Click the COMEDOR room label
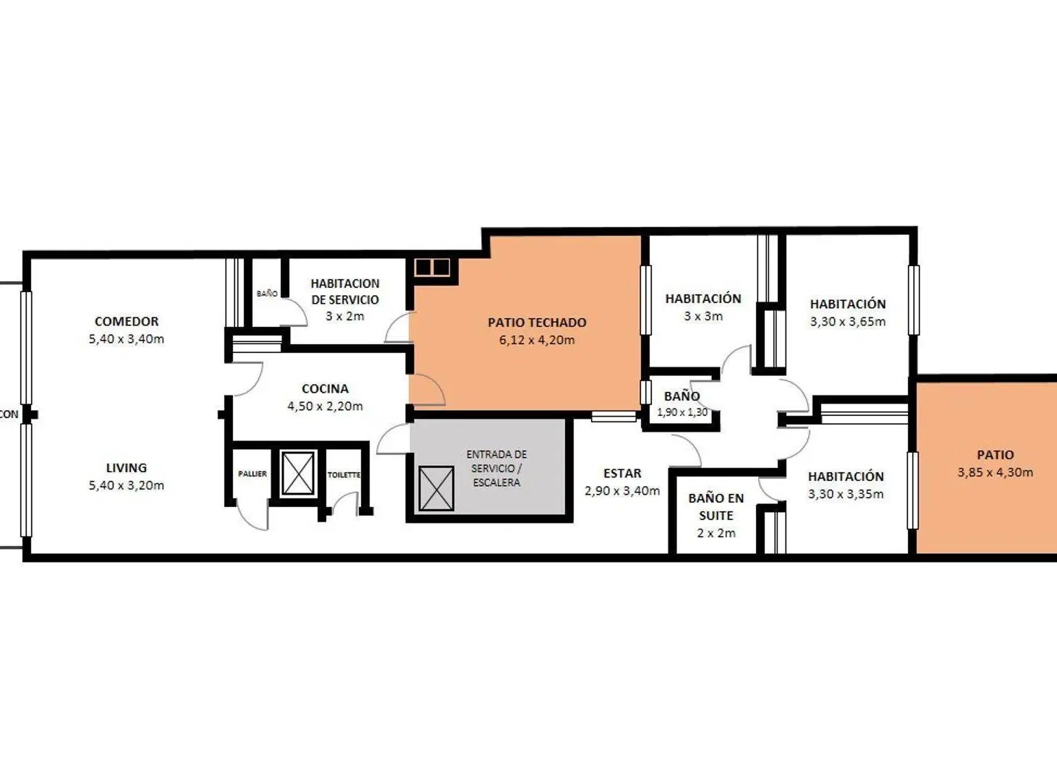[127, 321]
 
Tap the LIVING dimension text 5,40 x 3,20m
[127, 485]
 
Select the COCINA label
[325, 388]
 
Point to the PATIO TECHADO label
[537, 322]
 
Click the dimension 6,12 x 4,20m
[537, 340]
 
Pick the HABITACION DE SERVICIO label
[345, 291]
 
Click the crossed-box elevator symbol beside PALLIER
[298, 474]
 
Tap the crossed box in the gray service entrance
[436, 488]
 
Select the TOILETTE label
[344, 474]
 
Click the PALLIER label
[252, 474]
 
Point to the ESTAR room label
[622, 473]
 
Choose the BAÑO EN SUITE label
[716, 506]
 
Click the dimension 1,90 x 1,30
[682, 412]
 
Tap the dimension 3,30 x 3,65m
[848, 322]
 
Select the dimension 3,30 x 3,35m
[846, 494]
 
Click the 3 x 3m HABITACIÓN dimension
[703, 316]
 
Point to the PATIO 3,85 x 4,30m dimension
[996, 472]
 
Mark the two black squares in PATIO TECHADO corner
[432, 268]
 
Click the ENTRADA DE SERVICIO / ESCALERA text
[496, 469]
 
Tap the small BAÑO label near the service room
[267, 294]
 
